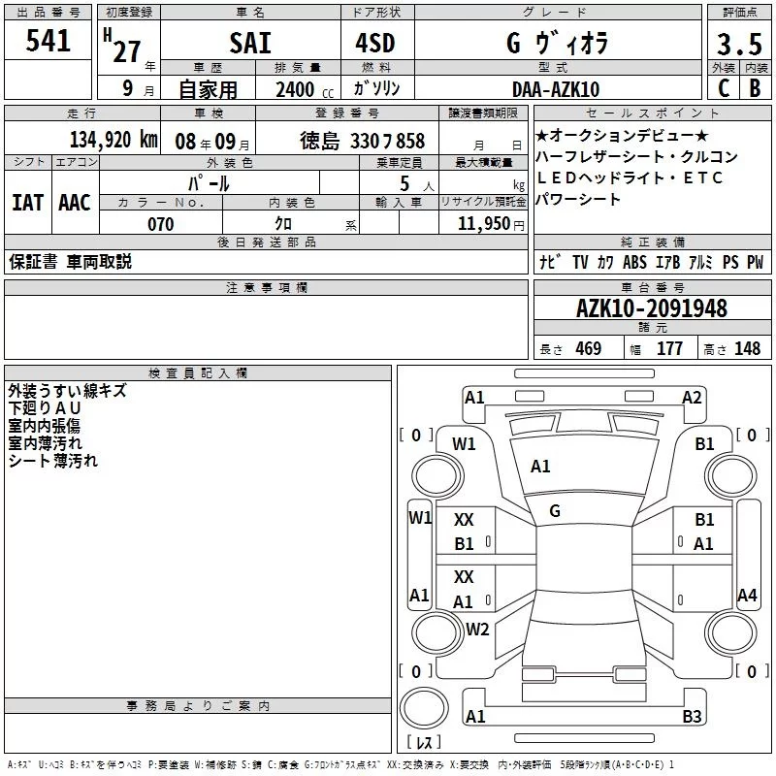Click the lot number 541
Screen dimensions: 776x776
coord(48,41)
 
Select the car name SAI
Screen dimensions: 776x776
coord(250,43)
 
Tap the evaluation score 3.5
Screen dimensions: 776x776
coord(739,44)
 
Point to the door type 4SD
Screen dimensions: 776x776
coord(375,43)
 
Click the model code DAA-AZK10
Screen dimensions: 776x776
coord(556,89)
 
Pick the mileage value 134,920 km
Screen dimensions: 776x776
coord(113,139)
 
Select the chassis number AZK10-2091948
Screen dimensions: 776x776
coord(652,308)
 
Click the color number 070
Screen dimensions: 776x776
coord(161,224)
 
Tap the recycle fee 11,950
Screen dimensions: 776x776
coord(484,224)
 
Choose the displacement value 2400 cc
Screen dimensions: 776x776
coord(305,89)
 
